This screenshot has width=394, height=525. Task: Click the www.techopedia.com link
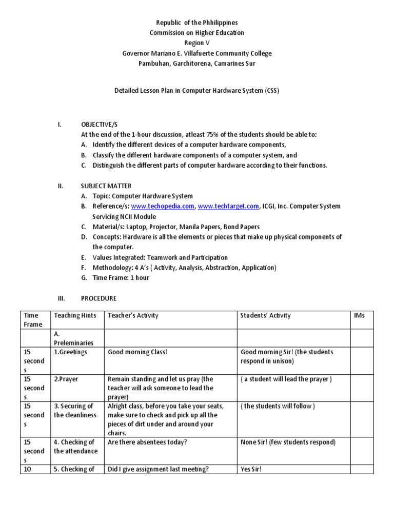point(163,206)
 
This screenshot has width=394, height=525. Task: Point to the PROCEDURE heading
point(98,298)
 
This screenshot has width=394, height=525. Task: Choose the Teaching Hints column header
point(75,315)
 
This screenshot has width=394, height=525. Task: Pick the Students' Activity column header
point(265,315)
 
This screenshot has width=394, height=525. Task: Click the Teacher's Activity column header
point(133,315)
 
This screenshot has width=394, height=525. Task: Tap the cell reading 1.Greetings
point(70,352)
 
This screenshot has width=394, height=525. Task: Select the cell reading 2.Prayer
point(66,379)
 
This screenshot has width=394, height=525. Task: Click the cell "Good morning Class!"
point(137,352)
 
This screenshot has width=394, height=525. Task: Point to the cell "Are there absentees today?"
point(147,442)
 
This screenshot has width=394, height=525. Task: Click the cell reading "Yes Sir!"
point(251,469)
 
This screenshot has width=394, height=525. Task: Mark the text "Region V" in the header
point(197,43)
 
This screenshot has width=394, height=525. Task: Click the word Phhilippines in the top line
point(214,23)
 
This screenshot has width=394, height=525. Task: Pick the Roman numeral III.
point(60,298)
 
